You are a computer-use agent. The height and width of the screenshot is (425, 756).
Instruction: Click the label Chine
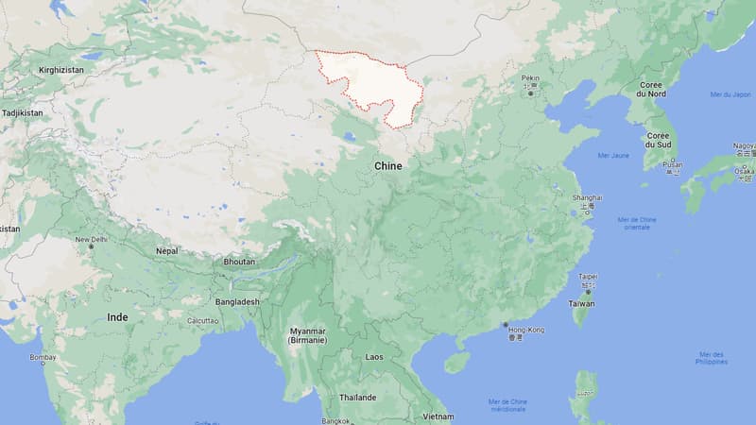click(387, 166)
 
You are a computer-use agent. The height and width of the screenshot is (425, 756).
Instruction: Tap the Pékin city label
click(530, 80)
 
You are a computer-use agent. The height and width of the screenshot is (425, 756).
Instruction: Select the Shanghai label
click(587, 197)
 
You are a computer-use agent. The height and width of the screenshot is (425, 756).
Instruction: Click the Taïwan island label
click(582, 303)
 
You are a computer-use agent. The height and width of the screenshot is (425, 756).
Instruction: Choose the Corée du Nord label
click(651, 89)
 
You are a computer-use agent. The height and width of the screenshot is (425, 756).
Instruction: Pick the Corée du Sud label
click(658, 140)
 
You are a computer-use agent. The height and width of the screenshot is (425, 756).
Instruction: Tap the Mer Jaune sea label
click(613, 155)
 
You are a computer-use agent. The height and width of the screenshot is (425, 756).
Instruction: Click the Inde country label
click(117, 317)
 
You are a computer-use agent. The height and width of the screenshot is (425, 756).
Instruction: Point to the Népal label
click(166, 251)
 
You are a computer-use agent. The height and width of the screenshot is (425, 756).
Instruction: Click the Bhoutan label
click(239, 261)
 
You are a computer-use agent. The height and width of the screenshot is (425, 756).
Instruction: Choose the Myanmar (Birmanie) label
click(307, 334)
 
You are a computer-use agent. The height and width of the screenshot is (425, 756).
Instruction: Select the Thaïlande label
click(358, 398)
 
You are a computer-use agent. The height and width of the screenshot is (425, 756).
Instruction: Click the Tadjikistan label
click(22, 112)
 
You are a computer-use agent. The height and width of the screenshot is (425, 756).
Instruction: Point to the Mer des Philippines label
click(711, 358)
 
